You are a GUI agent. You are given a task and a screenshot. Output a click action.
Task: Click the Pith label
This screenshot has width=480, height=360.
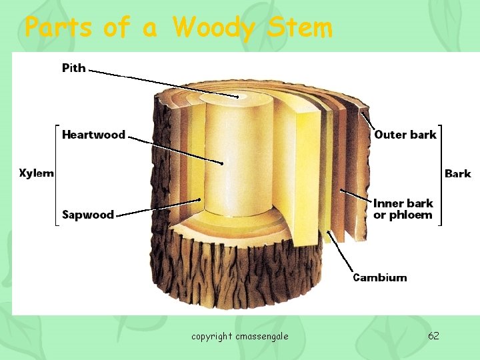(74, 67)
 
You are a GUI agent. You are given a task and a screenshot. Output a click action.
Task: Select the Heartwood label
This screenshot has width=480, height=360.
(93, 135)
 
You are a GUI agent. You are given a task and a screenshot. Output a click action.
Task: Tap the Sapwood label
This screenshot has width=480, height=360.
(88, 215)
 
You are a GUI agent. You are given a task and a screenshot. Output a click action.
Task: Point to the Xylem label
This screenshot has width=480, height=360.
(37, 173)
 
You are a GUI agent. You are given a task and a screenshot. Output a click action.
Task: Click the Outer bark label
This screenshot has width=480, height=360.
(405, 135)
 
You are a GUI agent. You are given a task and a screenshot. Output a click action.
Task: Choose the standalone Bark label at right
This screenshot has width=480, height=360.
(457, 174)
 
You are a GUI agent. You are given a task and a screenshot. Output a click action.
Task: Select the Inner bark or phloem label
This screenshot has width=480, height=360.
(403, 209)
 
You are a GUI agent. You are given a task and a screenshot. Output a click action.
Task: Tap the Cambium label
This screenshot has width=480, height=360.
(379, 277)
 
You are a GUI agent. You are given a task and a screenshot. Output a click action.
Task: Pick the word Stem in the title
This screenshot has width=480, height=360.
(300, 28)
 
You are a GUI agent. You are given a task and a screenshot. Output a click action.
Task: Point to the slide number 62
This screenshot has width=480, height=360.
(433, 335)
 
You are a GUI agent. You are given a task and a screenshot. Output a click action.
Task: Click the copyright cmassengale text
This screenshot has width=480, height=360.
(240, 336)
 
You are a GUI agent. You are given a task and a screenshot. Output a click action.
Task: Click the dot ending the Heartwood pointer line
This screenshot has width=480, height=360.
(222, 163)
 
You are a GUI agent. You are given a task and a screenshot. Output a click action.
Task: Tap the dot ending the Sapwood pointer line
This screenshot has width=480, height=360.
(199, 199)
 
